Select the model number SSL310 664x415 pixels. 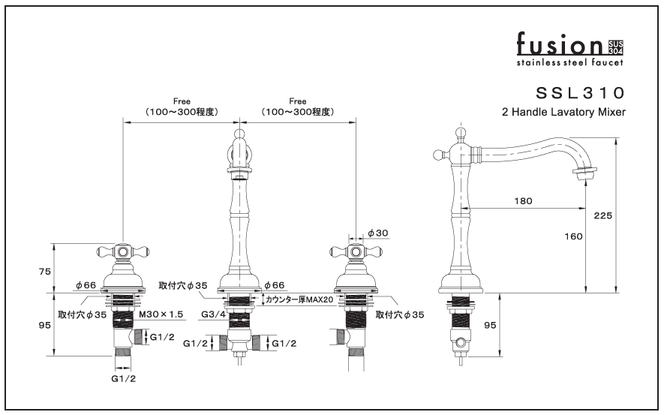580,93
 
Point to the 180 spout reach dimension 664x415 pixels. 523,200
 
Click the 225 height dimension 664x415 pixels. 602,215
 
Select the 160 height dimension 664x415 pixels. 573,236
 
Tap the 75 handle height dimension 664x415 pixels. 45,272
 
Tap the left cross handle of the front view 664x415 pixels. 122,251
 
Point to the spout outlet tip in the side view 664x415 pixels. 585,175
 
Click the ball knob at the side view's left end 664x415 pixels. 440,155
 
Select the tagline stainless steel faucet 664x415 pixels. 569,62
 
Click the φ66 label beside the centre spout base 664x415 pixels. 274,285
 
